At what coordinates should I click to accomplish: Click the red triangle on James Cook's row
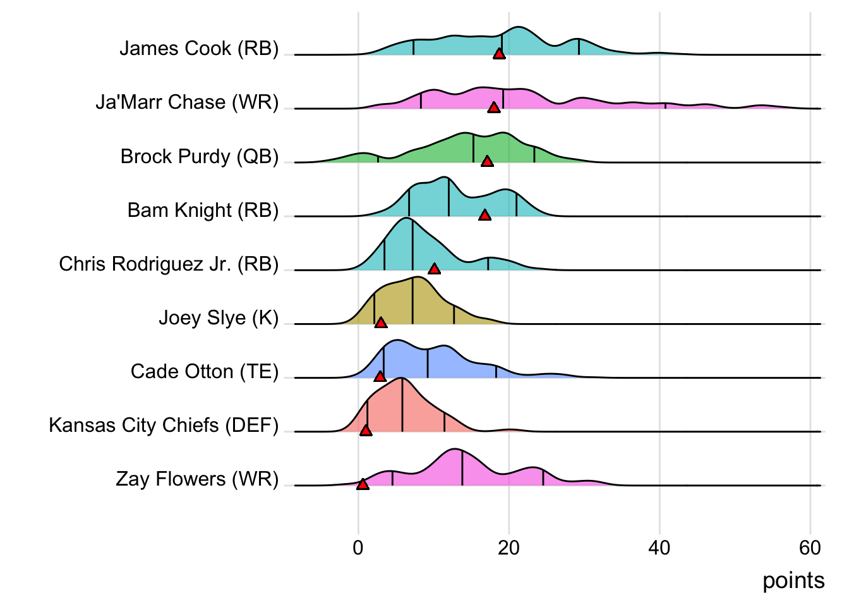(x=499, y=54)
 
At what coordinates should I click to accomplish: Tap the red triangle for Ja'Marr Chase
(x=494, y=107)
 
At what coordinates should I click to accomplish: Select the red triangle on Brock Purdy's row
(x=487, y=161)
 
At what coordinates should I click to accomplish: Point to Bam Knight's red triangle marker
(x=485, y=215)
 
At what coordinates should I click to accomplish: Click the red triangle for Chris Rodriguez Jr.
(x=434, y=269)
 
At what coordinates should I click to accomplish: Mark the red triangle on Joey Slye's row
(x=381, y=322)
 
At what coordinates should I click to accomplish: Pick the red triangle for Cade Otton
(x=380, y=376)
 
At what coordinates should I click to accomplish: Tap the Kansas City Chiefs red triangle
(x=366, y=431)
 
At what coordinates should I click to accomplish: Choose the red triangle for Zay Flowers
(x=363, y=484)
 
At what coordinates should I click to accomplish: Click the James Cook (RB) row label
(x=199, y=49)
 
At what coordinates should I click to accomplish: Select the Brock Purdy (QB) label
(x=199, y=156)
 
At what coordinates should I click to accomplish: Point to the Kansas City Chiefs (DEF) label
(x=164, y=425)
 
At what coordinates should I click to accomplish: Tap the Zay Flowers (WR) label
(x=197, y=479)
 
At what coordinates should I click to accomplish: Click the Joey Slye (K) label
(x=218, y=317)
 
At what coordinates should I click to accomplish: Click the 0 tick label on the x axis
(x=358, y=548)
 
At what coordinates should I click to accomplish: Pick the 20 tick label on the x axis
(x=509, y=548)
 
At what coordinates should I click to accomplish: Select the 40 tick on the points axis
(x=659, y=548)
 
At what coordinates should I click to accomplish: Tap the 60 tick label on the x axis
(x=810, y=548)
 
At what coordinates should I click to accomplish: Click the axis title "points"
(x=793, y=580)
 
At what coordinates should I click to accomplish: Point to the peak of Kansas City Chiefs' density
(x=401, y=379)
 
